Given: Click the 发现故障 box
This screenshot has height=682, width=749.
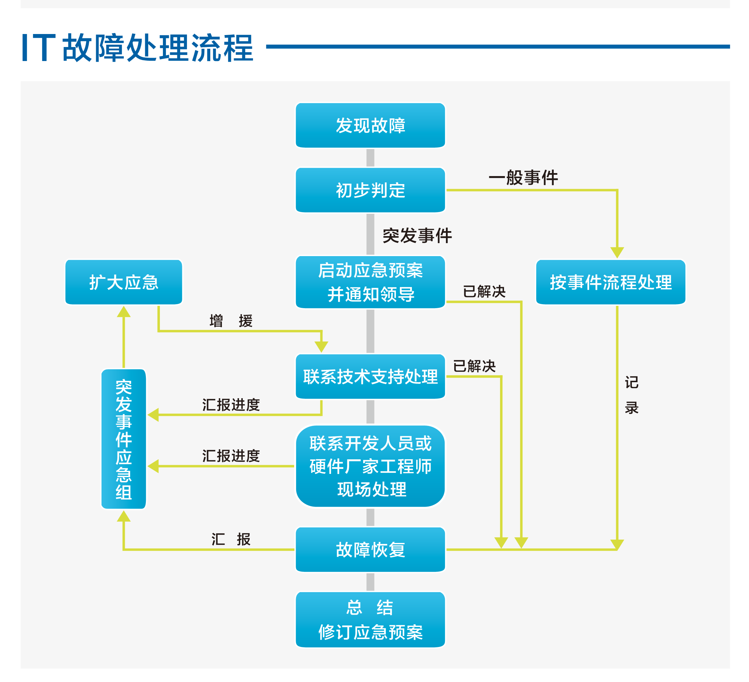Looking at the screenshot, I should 370,125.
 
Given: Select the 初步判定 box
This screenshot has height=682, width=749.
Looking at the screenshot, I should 370,190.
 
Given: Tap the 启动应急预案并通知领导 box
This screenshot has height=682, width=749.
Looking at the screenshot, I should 370,282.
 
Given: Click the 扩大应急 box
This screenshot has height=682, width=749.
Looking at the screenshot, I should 124,282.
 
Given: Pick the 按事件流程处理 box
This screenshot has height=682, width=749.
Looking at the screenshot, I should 610,282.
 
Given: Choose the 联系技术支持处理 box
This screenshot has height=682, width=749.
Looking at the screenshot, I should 370,377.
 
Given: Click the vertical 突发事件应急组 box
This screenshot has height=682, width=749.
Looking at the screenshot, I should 124,439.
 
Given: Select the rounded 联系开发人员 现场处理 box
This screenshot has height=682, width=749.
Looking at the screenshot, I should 370,466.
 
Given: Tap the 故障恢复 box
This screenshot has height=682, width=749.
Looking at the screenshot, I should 370,550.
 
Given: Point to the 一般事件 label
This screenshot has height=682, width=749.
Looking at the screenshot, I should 523,177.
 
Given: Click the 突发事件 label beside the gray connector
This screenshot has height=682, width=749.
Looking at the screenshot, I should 417,235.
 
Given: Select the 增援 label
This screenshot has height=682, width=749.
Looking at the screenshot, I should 231,321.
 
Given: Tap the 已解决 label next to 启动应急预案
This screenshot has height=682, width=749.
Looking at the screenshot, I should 484,291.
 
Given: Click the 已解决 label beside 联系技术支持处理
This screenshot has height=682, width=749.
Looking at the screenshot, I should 474,366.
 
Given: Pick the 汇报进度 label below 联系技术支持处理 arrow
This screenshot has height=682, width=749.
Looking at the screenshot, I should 231,405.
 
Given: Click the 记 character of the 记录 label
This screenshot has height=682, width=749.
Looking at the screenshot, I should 631,383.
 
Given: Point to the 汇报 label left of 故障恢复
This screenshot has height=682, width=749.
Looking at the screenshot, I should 231,539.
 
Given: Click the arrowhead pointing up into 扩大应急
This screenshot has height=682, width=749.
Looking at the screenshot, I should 124,312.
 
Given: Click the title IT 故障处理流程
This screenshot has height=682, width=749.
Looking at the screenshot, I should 138,47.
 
